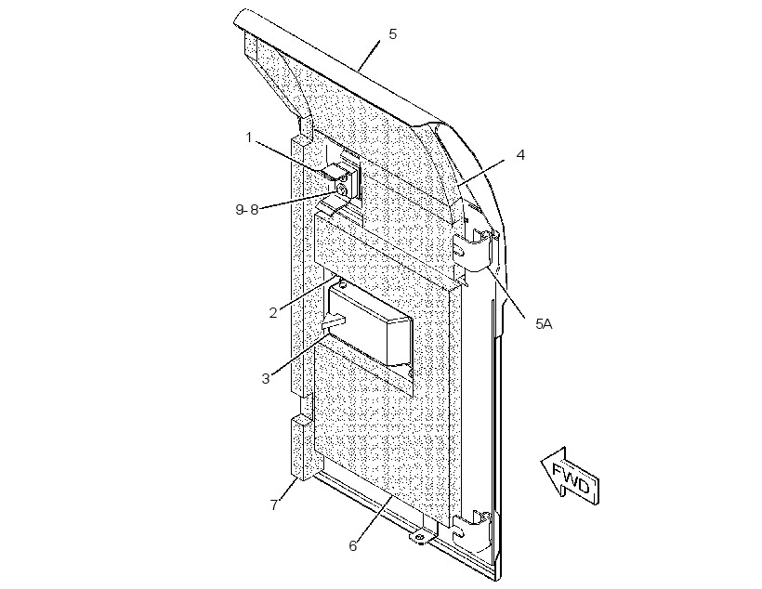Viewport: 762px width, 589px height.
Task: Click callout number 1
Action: pos(249,137)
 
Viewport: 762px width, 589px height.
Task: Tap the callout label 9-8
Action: pos(247,209)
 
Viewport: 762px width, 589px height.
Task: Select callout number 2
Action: pos(273,312)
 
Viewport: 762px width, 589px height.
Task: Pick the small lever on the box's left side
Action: pos(334,321)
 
